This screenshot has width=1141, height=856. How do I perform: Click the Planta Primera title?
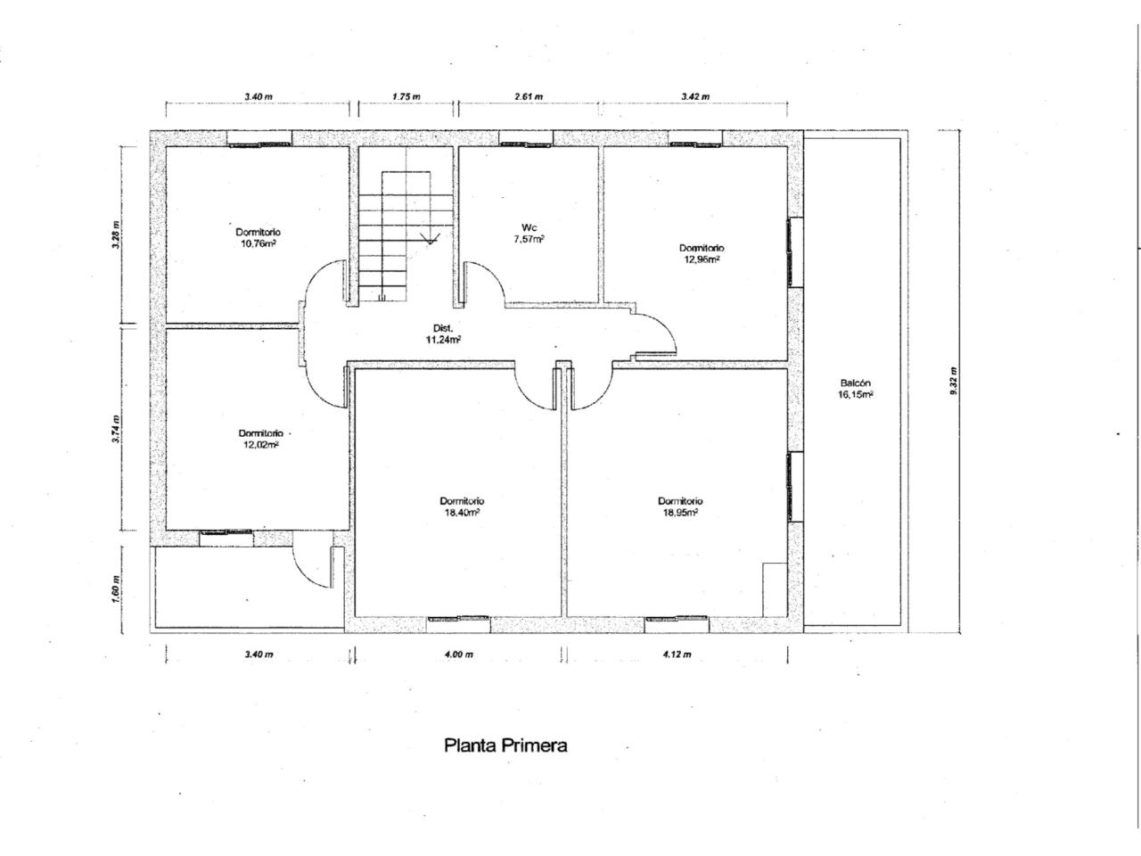[x=505, y=745]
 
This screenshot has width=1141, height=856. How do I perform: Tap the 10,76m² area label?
[x=258, y=243]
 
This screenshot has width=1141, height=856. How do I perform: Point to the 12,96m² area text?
[x=702, y=259]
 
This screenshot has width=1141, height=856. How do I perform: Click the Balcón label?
[x=855, y=383]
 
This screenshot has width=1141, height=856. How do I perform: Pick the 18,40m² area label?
[x=460, y=512]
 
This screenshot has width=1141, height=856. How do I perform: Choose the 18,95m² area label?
[x=679, y=512]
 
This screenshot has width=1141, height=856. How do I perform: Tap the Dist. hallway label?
[x=443, y=328]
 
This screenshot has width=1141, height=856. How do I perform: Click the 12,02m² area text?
[x=260, y=444]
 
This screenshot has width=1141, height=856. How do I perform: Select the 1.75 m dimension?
[x=406, y=96]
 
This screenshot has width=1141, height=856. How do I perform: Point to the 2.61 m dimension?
[x=529, y=96]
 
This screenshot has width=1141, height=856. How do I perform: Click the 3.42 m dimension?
[x=695, y=96]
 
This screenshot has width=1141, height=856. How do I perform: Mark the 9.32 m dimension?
[x=953, y=382]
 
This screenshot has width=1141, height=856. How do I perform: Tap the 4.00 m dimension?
[x=459, y=654]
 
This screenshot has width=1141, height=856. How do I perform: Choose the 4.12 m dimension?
[x=677, y=654]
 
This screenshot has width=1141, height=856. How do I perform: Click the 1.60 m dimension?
[x=116, y=588]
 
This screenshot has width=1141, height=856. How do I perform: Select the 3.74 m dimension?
[x=116, y=428]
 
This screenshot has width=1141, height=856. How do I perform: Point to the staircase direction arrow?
[x=430, y=239]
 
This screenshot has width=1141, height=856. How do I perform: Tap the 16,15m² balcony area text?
[x=855, y=394]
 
